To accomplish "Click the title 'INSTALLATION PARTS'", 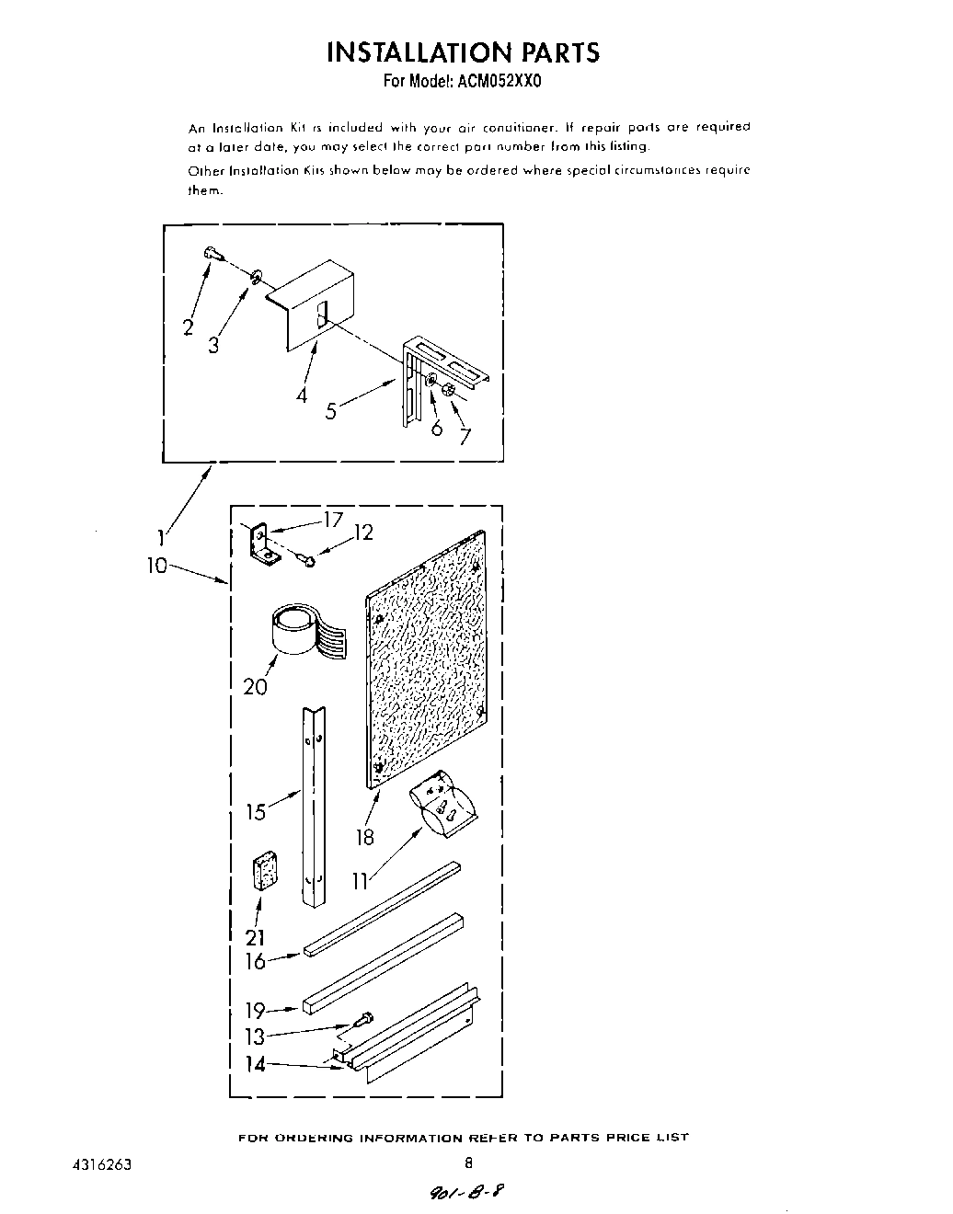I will [463, 52].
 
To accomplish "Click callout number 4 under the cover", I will [302, 395].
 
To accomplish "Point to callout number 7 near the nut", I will [465, 436].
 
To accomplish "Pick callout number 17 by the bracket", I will [332, 521].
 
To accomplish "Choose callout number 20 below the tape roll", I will [255, 686].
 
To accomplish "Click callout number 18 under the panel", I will [365, 836].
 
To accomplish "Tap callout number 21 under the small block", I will [255, 937].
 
